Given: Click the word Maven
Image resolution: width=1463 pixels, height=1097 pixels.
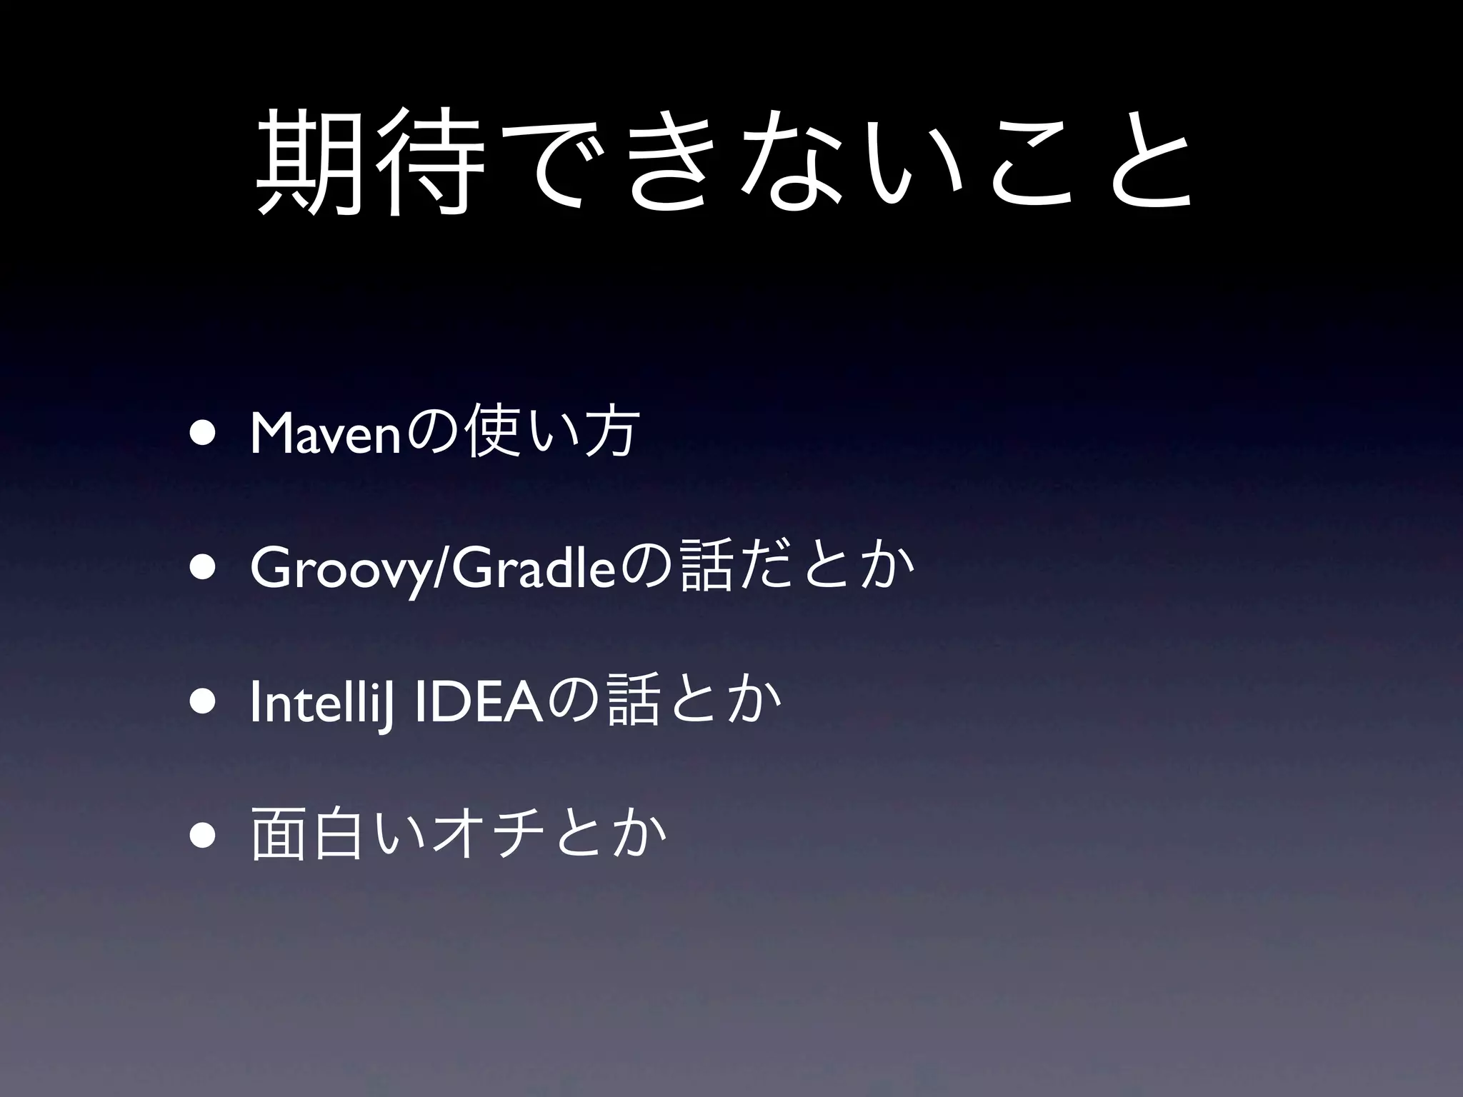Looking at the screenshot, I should click(325, 434).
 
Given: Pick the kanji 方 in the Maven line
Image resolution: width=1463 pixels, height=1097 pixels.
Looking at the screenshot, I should click(608, 434).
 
